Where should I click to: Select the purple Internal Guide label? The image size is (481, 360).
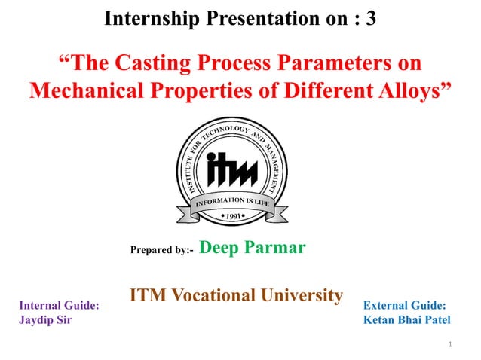coord(59,306)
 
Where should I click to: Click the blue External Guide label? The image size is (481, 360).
coord(404,306)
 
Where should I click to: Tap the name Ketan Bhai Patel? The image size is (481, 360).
coord(406,319)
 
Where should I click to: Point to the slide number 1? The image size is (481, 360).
coord(449,346)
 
